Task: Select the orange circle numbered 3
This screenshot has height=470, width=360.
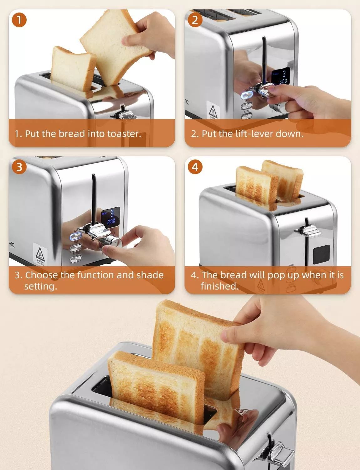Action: point(19,167)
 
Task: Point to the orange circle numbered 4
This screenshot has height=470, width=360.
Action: point(195,167)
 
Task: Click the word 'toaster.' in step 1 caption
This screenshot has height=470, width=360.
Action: point(124,134)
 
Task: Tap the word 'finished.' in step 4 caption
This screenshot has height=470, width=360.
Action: point(219,286)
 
